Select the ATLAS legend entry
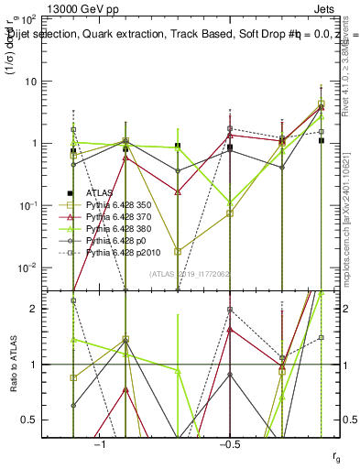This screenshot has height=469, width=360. coord(100,193)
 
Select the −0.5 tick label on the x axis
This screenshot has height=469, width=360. coord(228,443)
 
